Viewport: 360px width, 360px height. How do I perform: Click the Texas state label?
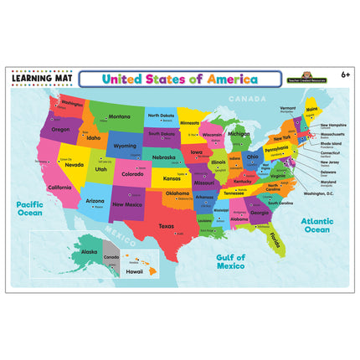[166, 226]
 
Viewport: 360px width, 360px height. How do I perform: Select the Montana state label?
[119, 116]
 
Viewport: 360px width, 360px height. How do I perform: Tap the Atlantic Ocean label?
[317, 224]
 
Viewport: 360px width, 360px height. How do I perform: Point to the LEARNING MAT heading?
[44, 79]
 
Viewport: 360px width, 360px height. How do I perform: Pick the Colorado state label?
[132, 174]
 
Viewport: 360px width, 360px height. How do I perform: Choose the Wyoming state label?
[125, 145]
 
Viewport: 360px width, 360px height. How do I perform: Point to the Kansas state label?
[172, 178]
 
